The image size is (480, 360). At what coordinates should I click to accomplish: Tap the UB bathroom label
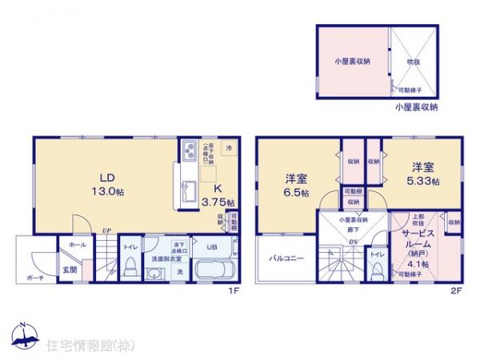pyautogui.click(x=214, y=248)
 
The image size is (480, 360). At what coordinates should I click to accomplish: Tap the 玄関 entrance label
pyautogui.click(x=70, y=270)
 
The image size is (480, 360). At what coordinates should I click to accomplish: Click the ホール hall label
pyautogui.click(x=77, y=245)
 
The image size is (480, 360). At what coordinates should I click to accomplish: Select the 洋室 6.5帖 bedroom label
pyautogui.click(x=297, y=183)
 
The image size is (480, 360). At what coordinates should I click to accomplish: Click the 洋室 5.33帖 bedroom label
pyautogui.click(x=422, y=174)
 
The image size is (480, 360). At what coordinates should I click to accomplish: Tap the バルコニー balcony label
pyautogui.click(x=286, y=258)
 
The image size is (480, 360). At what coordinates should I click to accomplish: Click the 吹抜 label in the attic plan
pyautogui.click(x=413, y=60)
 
